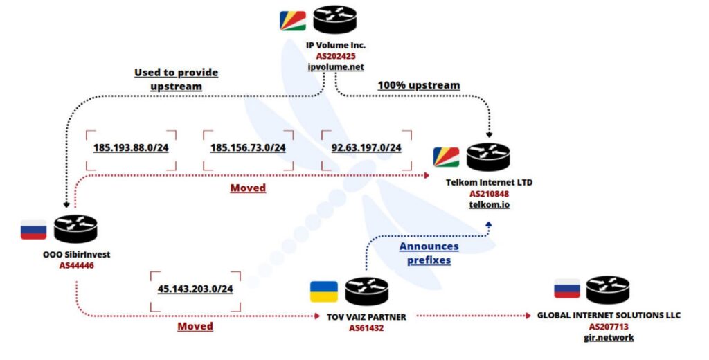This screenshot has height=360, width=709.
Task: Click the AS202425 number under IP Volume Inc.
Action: [336, 56]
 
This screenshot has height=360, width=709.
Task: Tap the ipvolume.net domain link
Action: [336, 67]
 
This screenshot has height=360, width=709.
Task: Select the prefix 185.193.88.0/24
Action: [131, 148]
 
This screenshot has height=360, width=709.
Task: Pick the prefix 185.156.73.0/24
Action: [248, 148]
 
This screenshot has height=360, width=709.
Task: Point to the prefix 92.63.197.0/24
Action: [366, 148]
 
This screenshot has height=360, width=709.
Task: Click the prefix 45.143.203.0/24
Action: [195, 289]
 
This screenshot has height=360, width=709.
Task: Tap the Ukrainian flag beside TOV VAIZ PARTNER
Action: [324, 291]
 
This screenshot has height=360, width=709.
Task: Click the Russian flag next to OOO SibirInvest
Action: [33, 230]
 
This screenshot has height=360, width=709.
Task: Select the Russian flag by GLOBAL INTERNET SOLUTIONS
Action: [567, 289]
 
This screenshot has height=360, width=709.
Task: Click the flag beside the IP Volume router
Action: [293, 21]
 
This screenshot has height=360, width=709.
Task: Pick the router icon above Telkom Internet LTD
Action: [488, 157]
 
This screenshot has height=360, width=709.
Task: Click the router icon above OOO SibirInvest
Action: [75, 229]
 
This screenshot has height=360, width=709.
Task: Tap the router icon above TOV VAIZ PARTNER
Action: [366, 291]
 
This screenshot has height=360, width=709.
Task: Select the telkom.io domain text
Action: [490, 205]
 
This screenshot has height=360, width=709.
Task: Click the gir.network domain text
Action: [609, 337]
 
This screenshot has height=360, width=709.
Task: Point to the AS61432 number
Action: [366, 328]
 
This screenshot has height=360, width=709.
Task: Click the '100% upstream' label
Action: [419, 85]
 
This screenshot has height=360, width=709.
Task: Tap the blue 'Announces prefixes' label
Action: [429, 253]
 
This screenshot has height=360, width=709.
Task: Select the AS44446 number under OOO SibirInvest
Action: [76, 265]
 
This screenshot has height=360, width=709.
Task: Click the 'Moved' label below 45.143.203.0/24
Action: [195, 327]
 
